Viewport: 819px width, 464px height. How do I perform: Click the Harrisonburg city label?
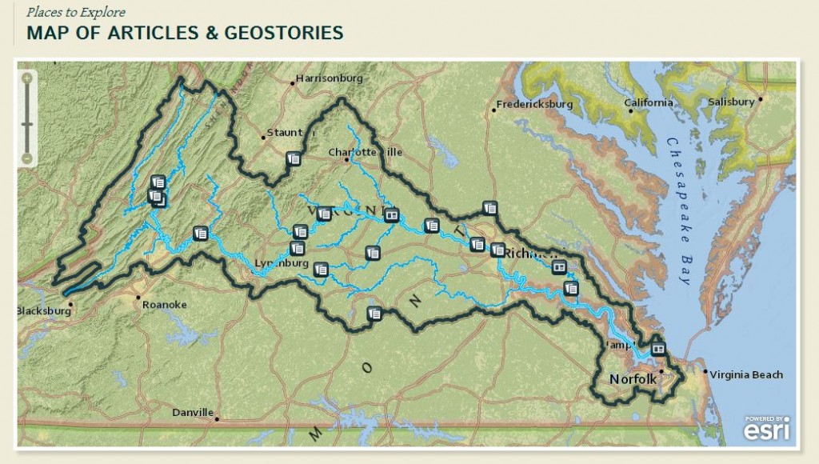[x=329, y=78]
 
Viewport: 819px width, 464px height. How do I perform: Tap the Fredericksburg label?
[x=535, y=104]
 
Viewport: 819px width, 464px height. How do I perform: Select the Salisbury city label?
[x=731, y=102]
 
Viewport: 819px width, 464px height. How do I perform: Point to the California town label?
[x=649, y=102]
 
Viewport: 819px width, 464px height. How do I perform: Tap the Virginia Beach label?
[x=746, y=374]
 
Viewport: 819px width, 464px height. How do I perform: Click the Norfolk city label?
[x=633, y=378]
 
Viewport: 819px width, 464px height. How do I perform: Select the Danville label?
[x=193, y=413]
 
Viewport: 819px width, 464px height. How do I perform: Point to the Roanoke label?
[x=164, y=304]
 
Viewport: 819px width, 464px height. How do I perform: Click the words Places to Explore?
[x=75, y=12]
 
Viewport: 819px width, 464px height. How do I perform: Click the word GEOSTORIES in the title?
[x=290, y=33]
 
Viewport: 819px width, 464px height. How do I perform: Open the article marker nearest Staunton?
[x=293, y=158]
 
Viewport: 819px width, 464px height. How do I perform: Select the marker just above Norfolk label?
[x=657, y=349]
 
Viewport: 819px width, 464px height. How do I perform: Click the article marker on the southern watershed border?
[x=374, y=314]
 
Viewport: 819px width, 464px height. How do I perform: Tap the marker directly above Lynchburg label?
[x=297, y=248]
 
